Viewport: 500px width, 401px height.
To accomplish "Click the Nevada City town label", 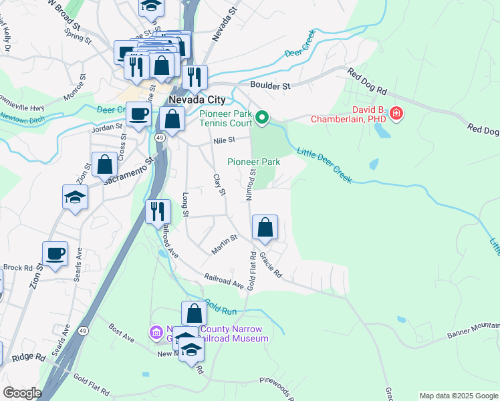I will point(197,100).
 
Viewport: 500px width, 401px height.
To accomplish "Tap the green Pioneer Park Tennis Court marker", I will point(262,119).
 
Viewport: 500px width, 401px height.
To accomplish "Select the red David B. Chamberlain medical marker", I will point(396,114).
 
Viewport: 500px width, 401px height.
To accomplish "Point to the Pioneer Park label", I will point(253,162).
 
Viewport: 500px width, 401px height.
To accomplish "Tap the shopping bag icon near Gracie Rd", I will point(265,227).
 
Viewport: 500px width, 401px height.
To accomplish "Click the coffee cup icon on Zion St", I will point(55,254).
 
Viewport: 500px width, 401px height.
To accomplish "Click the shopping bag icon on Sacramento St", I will point(104,164).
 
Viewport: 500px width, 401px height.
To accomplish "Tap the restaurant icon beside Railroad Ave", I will point(158,211).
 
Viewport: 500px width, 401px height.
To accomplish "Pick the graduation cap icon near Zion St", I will point(75,196).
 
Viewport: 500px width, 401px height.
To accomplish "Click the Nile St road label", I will point(225,140).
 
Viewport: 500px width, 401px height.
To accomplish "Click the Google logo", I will point(22,393).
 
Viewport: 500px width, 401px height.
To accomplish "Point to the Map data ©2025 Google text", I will point(458,396).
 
